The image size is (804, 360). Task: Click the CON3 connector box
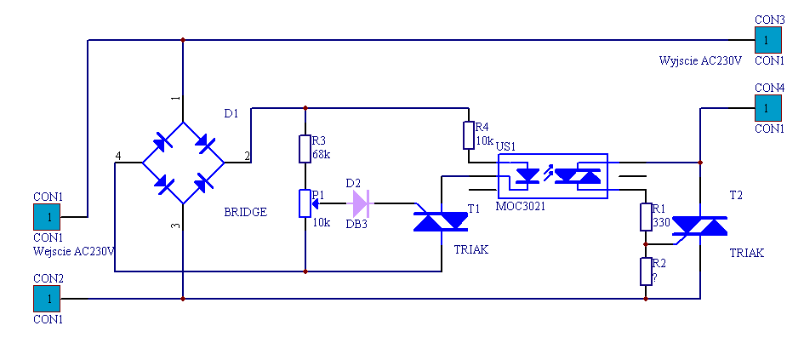click(x=768, y=40)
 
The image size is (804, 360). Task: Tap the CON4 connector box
click(x=768, y=108)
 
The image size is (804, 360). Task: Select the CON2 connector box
click(x=47, y=299)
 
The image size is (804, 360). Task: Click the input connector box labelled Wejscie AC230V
click(x=47, y=217)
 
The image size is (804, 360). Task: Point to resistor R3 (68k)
click(x=305, y=149)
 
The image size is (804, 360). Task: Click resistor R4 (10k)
click(x=469, y=135)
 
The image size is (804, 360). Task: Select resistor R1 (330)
click(x=646, y=217)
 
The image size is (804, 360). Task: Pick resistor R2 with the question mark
click(x=646, y=271)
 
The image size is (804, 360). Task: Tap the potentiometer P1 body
click(x=305, y=203)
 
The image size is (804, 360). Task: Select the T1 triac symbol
click(x=441, y=222)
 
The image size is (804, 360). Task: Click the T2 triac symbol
click(x=699, y=226)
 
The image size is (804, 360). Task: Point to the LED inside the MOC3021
click(x=527, y=176)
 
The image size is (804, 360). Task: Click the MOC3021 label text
click(x=521, y=206)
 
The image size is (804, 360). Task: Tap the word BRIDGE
click(x=246, y=212)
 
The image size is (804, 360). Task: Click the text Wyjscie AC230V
click(x=700, y=60)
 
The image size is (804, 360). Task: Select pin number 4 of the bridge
click(x=118, y=156)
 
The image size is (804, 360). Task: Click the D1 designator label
click(x=231, y=113)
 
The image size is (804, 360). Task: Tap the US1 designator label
click(x=506, y=146)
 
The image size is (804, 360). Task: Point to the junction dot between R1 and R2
click(x=646, y=244)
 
